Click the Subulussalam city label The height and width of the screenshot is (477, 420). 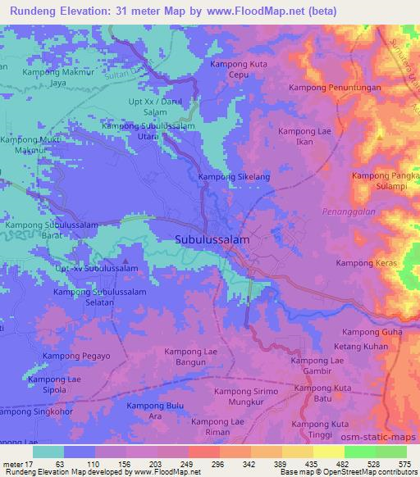tap(212, 239)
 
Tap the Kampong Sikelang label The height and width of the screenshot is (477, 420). tap(234, 176)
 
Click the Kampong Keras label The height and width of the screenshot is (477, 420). tap(367, 262)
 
